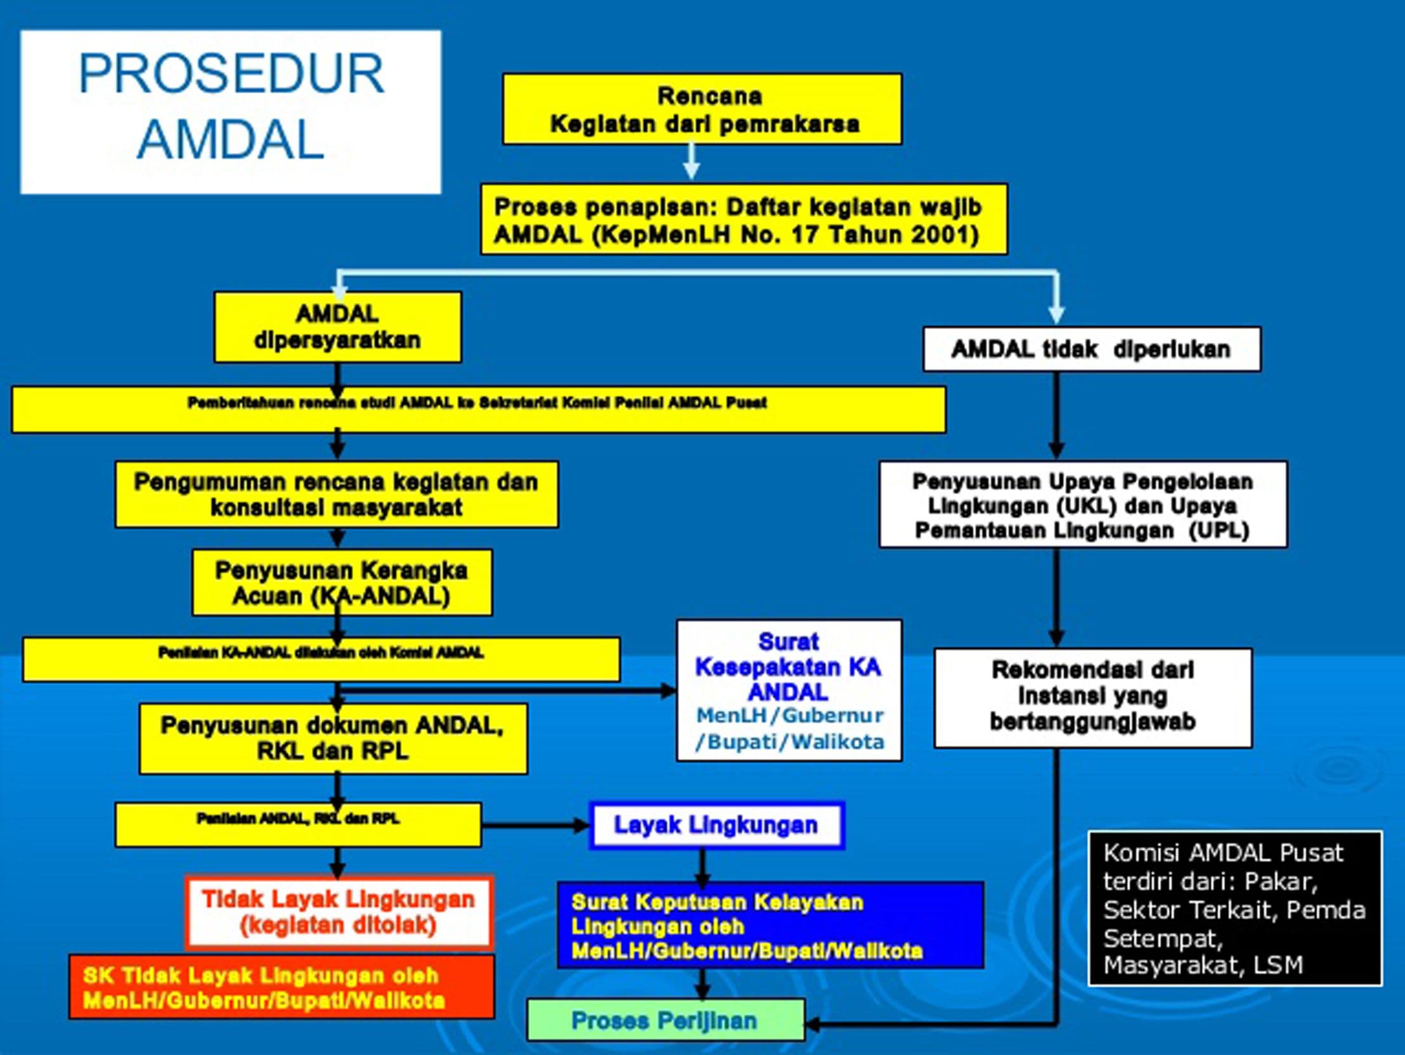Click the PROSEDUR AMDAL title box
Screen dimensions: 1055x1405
point(231,111)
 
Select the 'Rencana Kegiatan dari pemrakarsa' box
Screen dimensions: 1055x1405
point(702,109)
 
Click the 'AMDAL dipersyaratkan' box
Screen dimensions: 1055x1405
point(337,327)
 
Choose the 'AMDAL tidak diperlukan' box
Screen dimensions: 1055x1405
point(1091,349)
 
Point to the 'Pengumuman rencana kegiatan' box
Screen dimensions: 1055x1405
point(337,494)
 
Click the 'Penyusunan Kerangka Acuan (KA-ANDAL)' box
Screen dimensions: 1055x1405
point(342,583)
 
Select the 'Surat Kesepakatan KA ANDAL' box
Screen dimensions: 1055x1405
point(789,691)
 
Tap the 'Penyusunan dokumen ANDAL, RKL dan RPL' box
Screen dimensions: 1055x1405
point(333,738)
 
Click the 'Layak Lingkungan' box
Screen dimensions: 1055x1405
point(716,825)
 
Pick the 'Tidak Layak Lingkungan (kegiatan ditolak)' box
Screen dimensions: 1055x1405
point(339,912)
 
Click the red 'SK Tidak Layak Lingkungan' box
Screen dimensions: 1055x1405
point(282,988)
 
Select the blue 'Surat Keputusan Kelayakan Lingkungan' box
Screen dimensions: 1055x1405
point(770,926)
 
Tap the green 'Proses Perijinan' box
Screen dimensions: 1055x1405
point(665,1021)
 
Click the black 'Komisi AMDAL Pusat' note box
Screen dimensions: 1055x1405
point(1234,909)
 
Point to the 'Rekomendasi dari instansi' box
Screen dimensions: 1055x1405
point(1092,697)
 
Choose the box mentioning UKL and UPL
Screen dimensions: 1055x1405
point(1083,504)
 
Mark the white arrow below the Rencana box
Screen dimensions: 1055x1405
point(692,162)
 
